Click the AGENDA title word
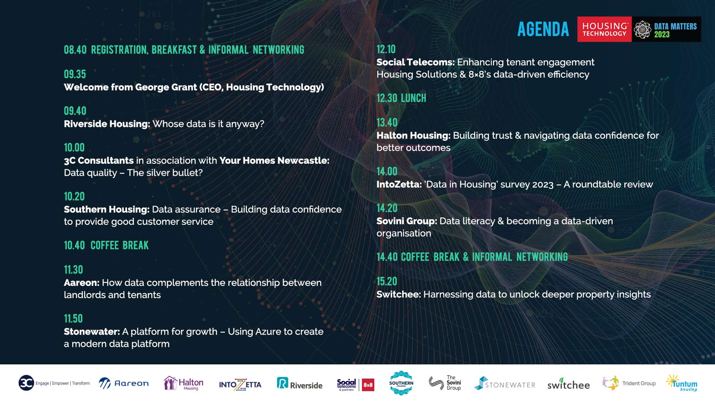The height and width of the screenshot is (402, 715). [x=543, y=29]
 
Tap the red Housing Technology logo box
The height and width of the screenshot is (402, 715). [x=604, y=29]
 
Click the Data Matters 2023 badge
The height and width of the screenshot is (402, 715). [x=667, y=29]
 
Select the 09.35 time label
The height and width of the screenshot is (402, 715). [x=75, y=74]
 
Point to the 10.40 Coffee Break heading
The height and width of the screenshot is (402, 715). [x=106, y=245]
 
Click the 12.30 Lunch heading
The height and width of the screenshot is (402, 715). [x=401, y=98]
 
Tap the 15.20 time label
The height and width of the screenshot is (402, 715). [x=387, y=281]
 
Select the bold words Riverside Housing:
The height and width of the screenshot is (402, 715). [x=107, y=124]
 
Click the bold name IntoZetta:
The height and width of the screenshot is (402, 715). [x=399, y=184]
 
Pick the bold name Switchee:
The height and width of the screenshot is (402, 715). [x=398, y=294]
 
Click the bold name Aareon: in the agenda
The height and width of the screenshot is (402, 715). [x=82, y=283]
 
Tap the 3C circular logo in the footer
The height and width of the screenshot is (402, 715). [x=26, y=383]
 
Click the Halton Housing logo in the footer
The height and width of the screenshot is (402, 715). [x=184, y=383]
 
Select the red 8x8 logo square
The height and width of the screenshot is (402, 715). [x=368, y=385]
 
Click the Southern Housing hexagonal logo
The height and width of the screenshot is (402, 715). [x=401, y=383]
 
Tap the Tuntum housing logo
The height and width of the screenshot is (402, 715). [x=682, y=383]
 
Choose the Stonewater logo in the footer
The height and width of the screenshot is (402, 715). [x=505, y=383]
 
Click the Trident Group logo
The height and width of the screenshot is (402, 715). [x=629, y=383]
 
